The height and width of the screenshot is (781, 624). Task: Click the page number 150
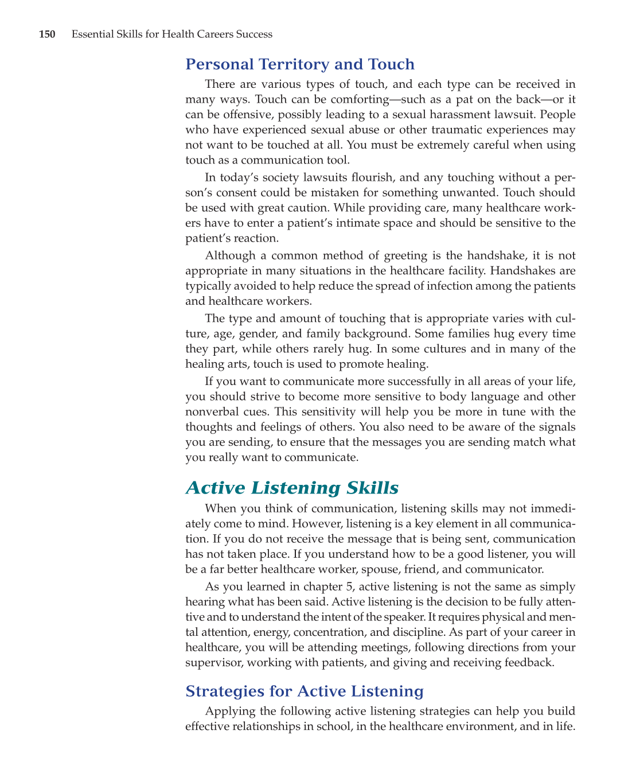(47, 34)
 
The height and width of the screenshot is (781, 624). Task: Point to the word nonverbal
(210, 411)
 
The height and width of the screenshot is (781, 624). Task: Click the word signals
(552, 427)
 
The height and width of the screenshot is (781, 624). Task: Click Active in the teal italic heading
(216, 488)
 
